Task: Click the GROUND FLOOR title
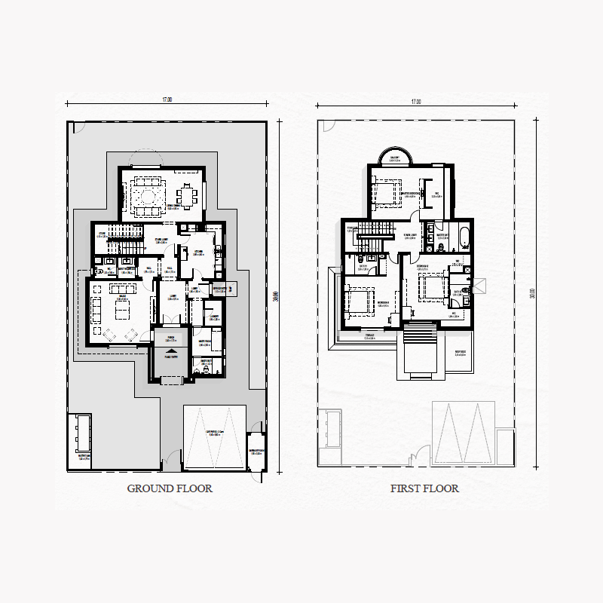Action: [170, 488]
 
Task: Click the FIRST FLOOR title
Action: [424, 488]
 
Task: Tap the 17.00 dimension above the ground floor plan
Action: [167, 100]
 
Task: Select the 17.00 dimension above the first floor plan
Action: [415, 100]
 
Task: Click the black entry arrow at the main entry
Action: [172, 350]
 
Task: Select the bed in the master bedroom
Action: [390, 191]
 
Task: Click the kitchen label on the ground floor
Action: [199, 254]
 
